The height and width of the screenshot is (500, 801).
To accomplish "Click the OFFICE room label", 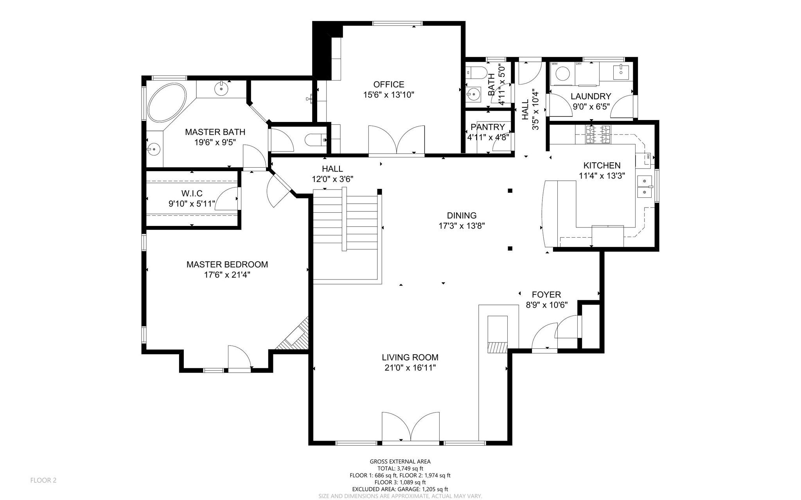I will click(x=388, y=84).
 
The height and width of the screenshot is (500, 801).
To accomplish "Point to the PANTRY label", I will click(x=488, y=127).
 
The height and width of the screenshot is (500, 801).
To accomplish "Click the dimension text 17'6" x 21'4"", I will click(x=227, y=275).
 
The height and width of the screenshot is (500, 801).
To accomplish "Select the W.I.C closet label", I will click(x=192, y=194).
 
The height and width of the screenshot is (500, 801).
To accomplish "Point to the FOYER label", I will click(x=546, y=295).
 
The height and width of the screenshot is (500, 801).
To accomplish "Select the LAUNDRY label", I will click(x=591, y=96).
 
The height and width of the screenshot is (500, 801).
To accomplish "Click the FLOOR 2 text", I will click(x=43, y=480).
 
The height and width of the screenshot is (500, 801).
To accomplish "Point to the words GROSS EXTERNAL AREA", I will click(x=400, y=462).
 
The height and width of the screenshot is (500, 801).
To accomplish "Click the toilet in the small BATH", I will click(x=475, y=73).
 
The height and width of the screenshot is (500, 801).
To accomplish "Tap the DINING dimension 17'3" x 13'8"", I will click(x=462, y=226).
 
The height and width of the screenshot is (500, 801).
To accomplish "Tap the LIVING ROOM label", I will click(x=410, y=357).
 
